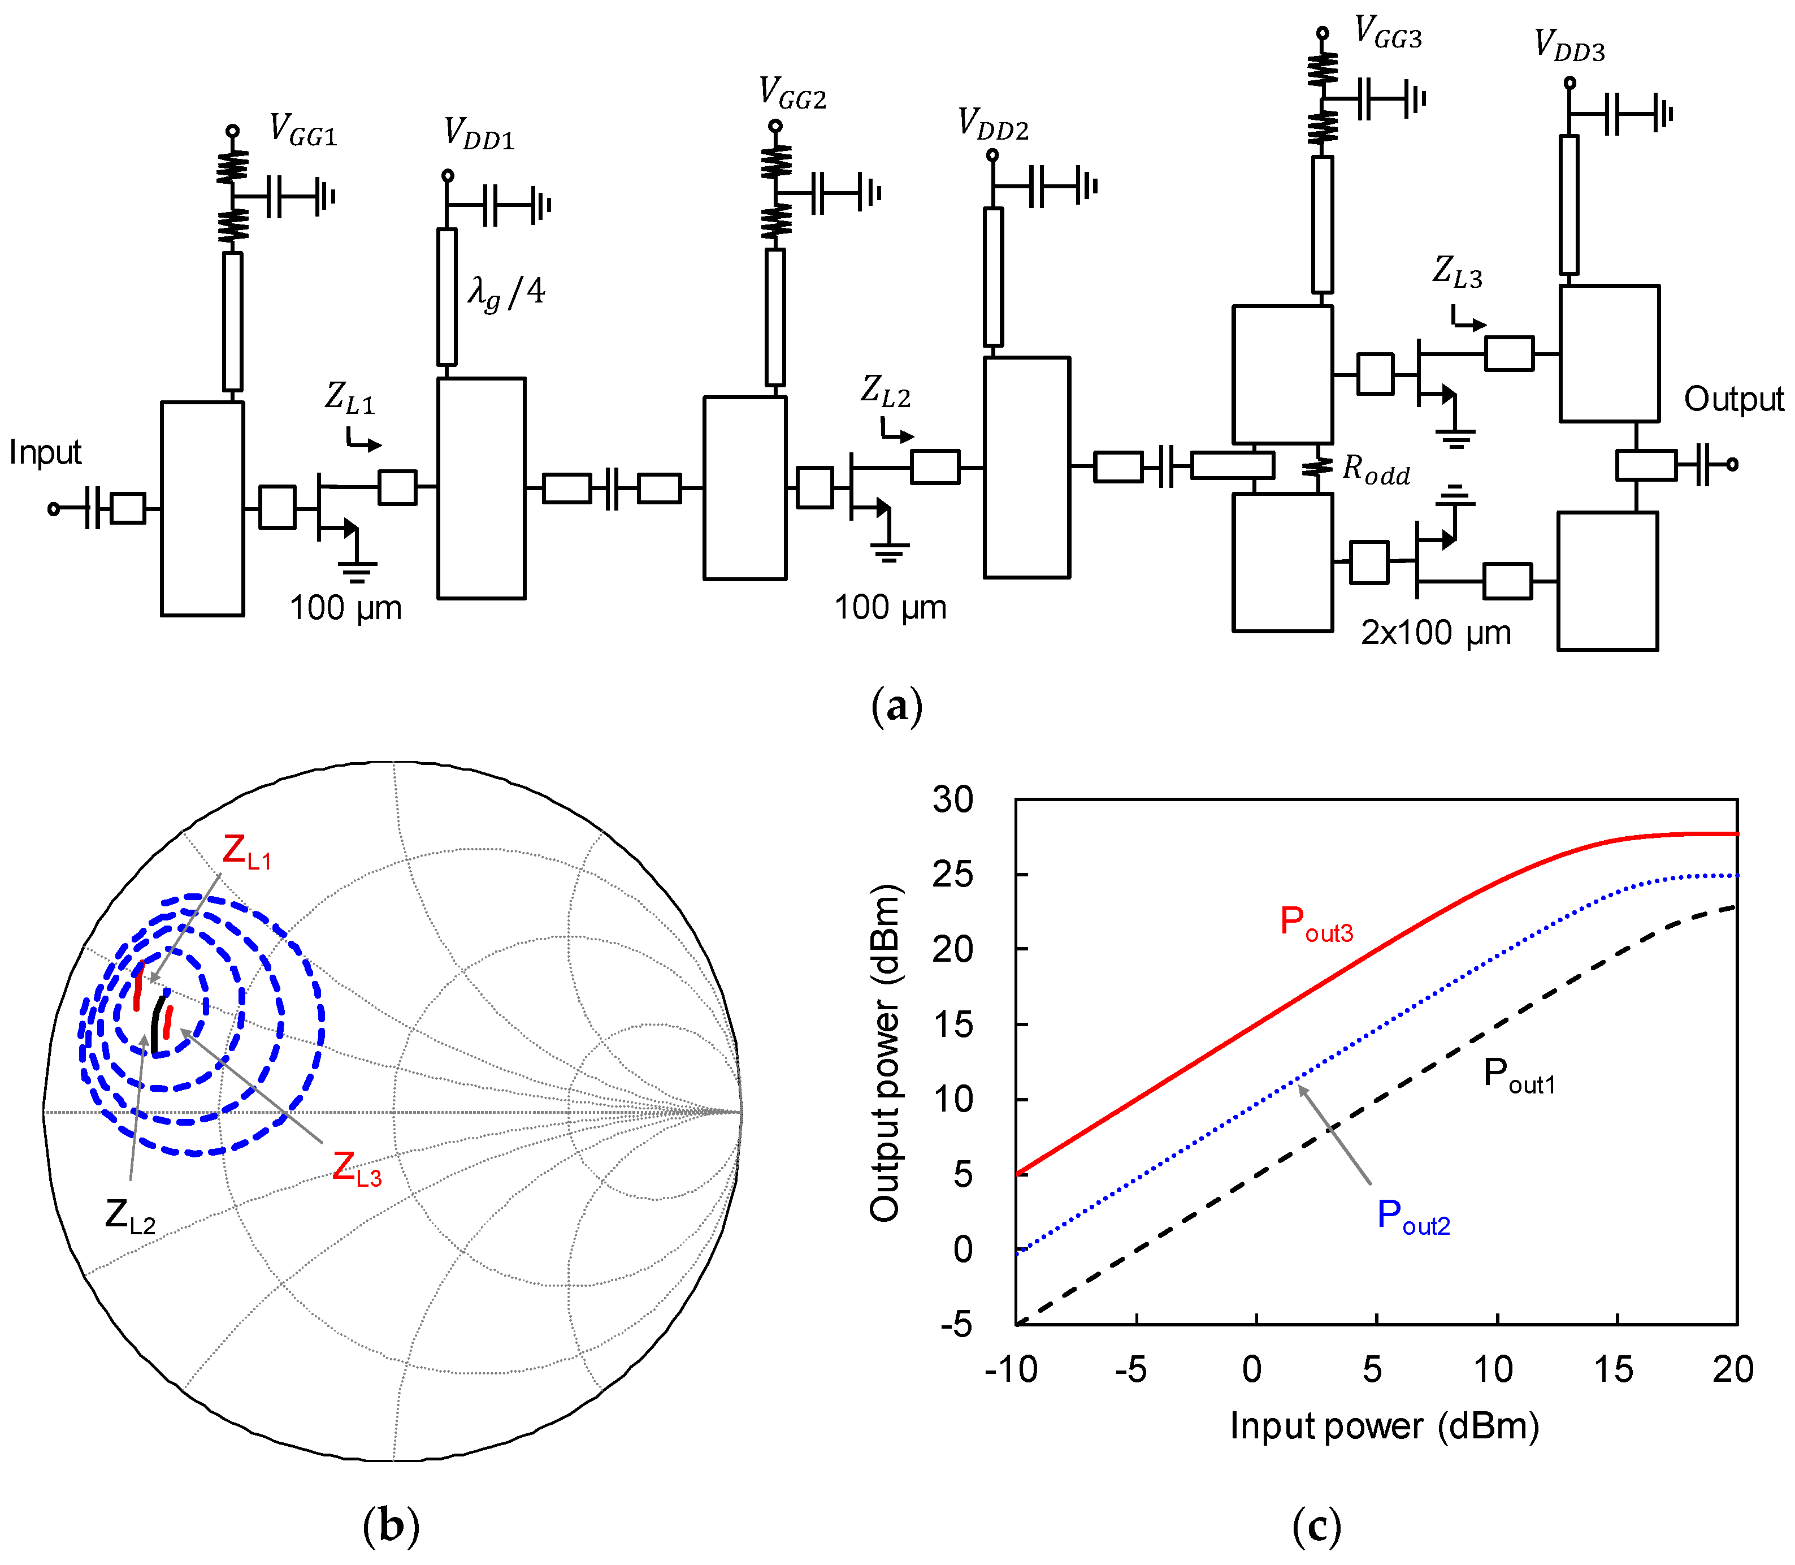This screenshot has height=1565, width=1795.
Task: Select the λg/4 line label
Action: point(506,292)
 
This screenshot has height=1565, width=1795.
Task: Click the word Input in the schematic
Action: point(45,452)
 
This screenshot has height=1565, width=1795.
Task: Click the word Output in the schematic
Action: point(1733,399)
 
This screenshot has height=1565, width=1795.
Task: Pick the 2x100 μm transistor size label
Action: point(1436,632)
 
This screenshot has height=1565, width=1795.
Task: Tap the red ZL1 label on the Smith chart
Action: point(246,851)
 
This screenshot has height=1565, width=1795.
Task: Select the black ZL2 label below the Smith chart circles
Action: point(130,1216)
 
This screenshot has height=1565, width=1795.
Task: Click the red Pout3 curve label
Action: point(1316,923)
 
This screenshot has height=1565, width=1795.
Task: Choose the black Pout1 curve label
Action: point(1519,1074)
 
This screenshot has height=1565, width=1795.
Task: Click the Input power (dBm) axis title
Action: point(1384,1426)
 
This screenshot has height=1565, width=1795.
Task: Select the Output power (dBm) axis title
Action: point(885,1052)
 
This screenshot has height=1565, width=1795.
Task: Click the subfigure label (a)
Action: point(896,706)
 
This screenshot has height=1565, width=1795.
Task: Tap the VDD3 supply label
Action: point(1569,45)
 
